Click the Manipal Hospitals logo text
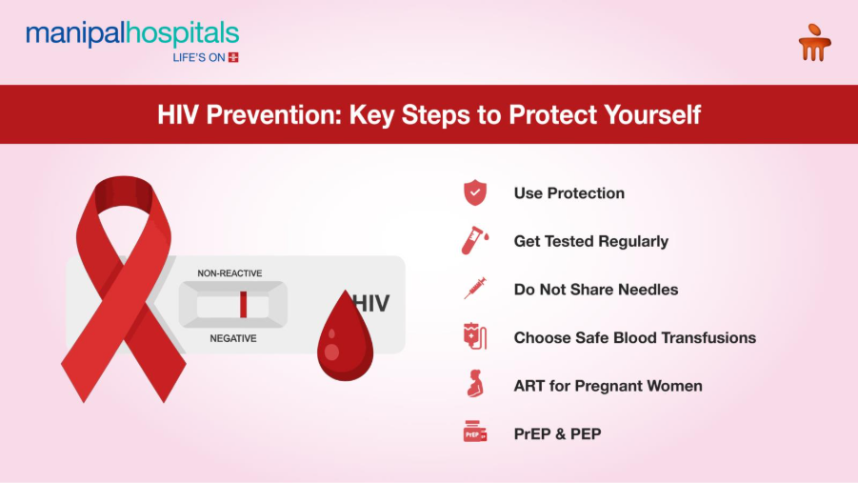[x=132, y=34]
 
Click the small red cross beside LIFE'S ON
[x=233, y=57]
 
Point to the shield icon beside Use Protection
[x=474, y=193]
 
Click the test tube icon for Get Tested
[x=474, y=241]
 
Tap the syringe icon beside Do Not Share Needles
[x=474, y=289]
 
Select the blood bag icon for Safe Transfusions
[x=474, y=337]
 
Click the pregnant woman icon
[x=474, y=385]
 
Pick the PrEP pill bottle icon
[x=474, y=433]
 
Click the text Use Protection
[x=569, y=193]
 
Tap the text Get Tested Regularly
[x=590, y=241]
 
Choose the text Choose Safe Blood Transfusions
[x=634, y=337]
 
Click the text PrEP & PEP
[x=557, y=433]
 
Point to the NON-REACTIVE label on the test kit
[x=229, y=273]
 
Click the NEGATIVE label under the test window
[x=232, y=338]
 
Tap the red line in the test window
[x=243, y=305]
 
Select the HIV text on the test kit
[x=371, y=304]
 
